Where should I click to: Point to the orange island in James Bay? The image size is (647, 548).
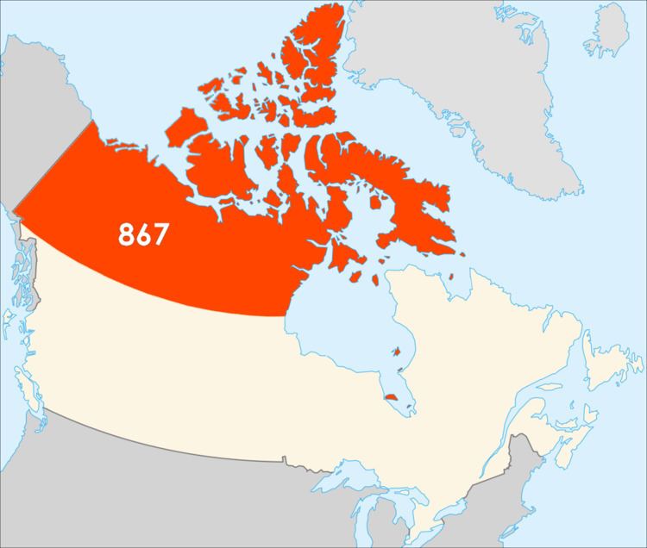pos(393,397)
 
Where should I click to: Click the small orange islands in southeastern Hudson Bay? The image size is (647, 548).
pos(397,351)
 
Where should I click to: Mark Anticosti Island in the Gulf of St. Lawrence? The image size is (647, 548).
pos(552,380)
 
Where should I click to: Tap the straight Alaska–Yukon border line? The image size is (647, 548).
pos(52,164)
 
